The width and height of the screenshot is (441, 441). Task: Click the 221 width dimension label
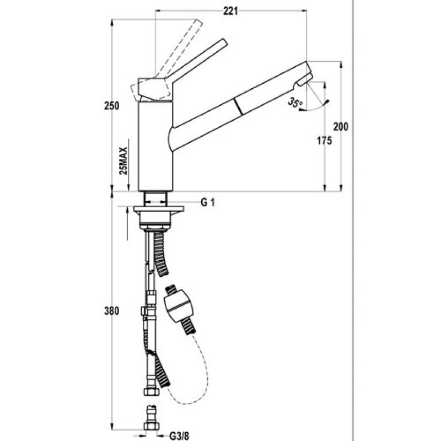pyautogui.click(x=230, y=11)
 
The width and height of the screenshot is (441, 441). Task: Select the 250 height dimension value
pyautogui.click(x=112, y=106)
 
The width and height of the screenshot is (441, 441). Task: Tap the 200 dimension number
pyautogui.click(x=341, y=127)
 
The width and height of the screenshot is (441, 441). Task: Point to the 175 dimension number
pyautogui.click(x=325, y=141)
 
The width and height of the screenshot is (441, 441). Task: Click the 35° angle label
pyautogui.click(x=295, y=103)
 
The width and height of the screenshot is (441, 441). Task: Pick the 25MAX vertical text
pyautogui.click(x=123, y=161)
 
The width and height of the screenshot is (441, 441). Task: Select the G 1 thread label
pyautogui.click(x=208, y=202)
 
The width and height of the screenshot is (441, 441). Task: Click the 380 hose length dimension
pyautogui.click(x=112, y=311)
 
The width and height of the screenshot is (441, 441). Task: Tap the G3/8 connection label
pyautogui.click(x=179, y=436)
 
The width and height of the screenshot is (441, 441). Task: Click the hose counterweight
pyautogui.click(x=180, y=309)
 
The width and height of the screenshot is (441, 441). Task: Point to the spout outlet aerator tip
pyautogui.click(x=304, y=79)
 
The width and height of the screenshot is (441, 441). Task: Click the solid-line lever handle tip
pyautogui.click(x=224, y=41)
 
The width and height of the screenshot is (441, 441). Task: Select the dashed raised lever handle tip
pyautogui.click(x=199, y=23)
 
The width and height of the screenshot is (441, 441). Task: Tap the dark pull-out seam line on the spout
pyautogui.click(x=238, y=107)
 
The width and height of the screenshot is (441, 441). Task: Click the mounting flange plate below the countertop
pyautogui.click(x=159, y=209)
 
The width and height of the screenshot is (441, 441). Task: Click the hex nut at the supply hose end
pyautogui.click(x=152, y=392)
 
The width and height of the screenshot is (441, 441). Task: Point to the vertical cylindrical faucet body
pyautogui.click(x=155, y=147)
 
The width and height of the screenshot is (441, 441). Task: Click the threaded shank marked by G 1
pyautogui.click(x=155, y=199)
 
